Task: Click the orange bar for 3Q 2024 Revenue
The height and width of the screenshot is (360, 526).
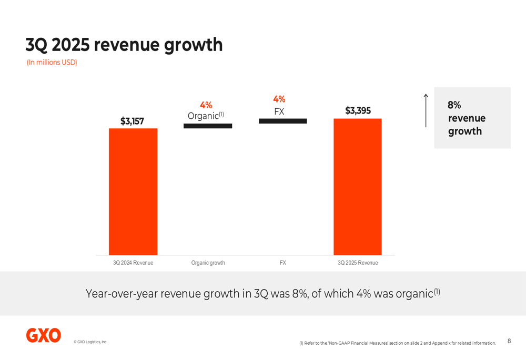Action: pyautogui.click(x=133, y=192)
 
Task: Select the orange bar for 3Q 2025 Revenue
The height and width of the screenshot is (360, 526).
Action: pyautogui.click(x=358, y=187)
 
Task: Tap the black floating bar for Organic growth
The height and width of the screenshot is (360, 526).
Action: pyautogui.click(x=208, y=126)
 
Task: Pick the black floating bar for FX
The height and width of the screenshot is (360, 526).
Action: pyautogui.click(x=282, y=121)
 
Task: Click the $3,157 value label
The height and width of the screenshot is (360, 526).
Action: pyautogui.click(x=131, y=121)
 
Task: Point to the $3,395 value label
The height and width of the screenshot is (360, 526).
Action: pyautogui.click(x=358, y=111)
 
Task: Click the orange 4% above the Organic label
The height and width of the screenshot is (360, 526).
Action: pyautogui.click(x=206, y=105)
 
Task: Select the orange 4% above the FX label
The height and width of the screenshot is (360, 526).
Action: pyautogui.click(x=279, y=99)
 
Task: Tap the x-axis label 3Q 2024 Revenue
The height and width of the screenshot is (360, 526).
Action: pyautogui.click(x=133, y=263)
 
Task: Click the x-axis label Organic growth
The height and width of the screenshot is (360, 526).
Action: pyautogui.click(x=208, y=263)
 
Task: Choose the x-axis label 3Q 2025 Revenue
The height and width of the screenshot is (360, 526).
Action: pyautogui.click(x=358, y=263)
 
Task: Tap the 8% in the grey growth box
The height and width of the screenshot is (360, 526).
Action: pyautogui.click(x=454, y=106)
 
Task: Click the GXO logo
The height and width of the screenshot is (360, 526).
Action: pyautogui.click(x=44, y=335)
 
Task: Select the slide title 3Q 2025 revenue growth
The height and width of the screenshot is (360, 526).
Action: pyautogui.click(x=124, y=45)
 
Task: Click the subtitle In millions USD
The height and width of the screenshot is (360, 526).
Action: pyautogui.click(x=52, y=63)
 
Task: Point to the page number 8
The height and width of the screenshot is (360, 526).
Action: pyautogui.click(x=509, y=341)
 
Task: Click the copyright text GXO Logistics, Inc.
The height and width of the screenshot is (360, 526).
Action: pyautogui.click(x=90, y=342)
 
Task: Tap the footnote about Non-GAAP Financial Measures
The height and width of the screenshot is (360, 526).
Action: pyautogui.click(x=397, y=343)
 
